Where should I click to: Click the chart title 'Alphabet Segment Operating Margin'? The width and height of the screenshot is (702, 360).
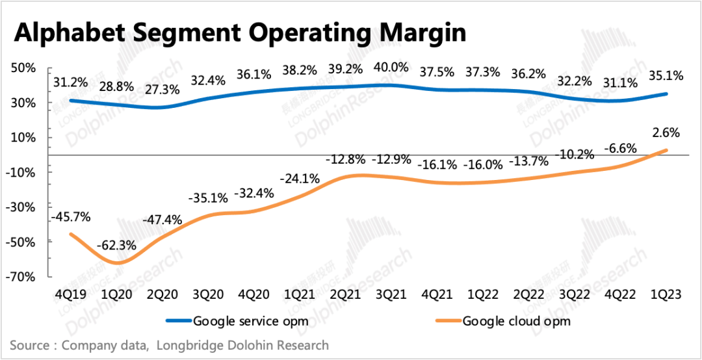pos(240,32)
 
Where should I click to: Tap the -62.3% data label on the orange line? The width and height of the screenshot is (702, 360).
pos(116,245)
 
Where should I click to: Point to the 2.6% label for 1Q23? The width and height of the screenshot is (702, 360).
pos(666,133)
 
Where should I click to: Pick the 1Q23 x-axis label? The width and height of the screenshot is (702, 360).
pos(666,294)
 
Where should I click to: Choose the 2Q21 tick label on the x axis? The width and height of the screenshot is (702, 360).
pos(345,294)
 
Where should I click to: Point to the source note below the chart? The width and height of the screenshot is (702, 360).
pos(169,345)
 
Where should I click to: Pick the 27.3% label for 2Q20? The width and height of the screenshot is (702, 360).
pos(162,90)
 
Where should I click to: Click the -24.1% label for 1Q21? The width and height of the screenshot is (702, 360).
pos(299,177)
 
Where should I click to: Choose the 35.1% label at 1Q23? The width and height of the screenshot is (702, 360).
pos(666,76)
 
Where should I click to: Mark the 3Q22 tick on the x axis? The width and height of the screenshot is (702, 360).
pos(574,294)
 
